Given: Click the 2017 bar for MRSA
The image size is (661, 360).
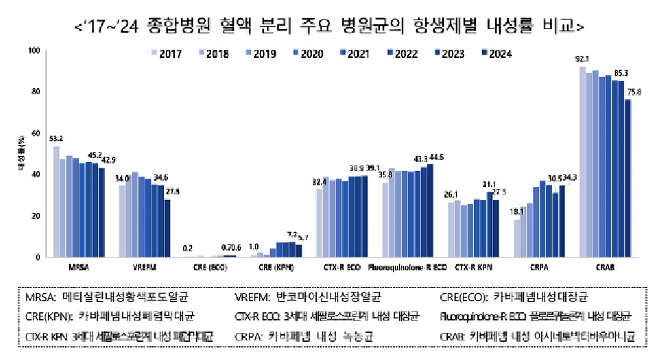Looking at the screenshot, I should pos(56,202).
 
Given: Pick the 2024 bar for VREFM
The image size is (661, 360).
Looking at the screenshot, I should pos(168,228).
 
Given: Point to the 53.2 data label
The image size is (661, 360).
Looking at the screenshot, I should pos(56,138).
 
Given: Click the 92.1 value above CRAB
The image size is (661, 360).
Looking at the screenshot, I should pos(582,58).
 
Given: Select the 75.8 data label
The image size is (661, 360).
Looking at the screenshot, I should pos(634,92).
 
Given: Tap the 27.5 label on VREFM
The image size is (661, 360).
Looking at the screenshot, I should pos(172,191).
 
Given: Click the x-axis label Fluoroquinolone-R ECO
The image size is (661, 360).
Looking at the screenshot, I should pos(408,268).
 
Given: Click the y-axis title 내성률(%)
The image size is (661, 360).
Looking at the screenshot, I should pos(21,154).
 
